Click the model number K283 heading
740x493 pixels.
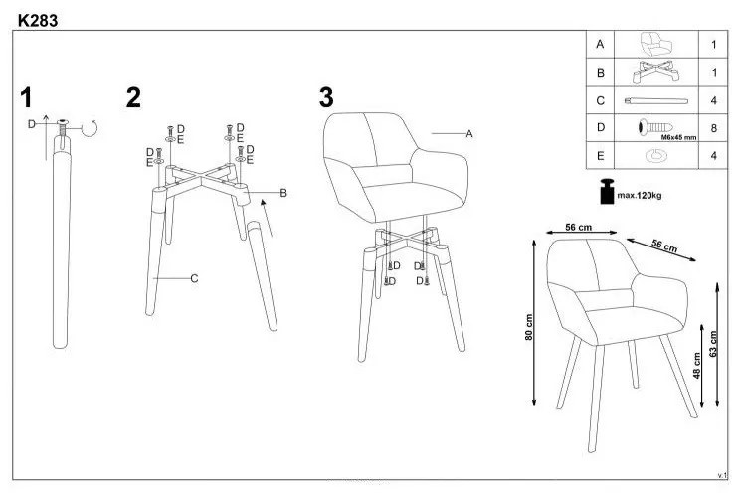coord(38,21)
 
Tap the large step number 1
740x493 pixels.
coord(26,97)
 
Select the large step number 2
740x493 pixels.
coord(133,97)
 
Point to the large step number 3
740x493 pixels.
coord(326,97)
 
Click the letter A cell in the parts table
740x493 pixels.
coord(600,45)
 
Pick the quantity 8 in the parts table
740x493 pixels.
coord(713,128)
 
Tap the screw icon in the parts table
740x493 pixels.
coord(654,127)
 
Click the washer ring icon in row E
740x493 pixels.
coord(655,155)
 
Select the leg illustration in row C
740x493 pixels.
coord(656,100)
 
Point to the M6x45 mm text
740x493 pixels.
coord(678,138)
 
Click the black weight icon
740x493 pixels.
coord(608,191)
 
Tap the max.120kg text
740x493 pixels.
coord(639,195)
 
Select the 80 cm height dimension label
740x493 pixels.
coord(528,327)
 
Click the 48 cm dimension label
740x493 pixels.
coord(696,366)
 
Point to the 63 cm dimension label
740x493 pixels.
coord(712,344)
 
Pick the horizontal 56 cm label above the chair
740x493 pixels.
coord(578,227)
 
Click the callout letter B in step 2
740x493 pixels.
coord(283,193)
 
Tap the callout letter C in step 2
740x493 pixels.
coord(194,279)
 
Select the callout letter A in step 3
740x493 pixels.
coord(469,134)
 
